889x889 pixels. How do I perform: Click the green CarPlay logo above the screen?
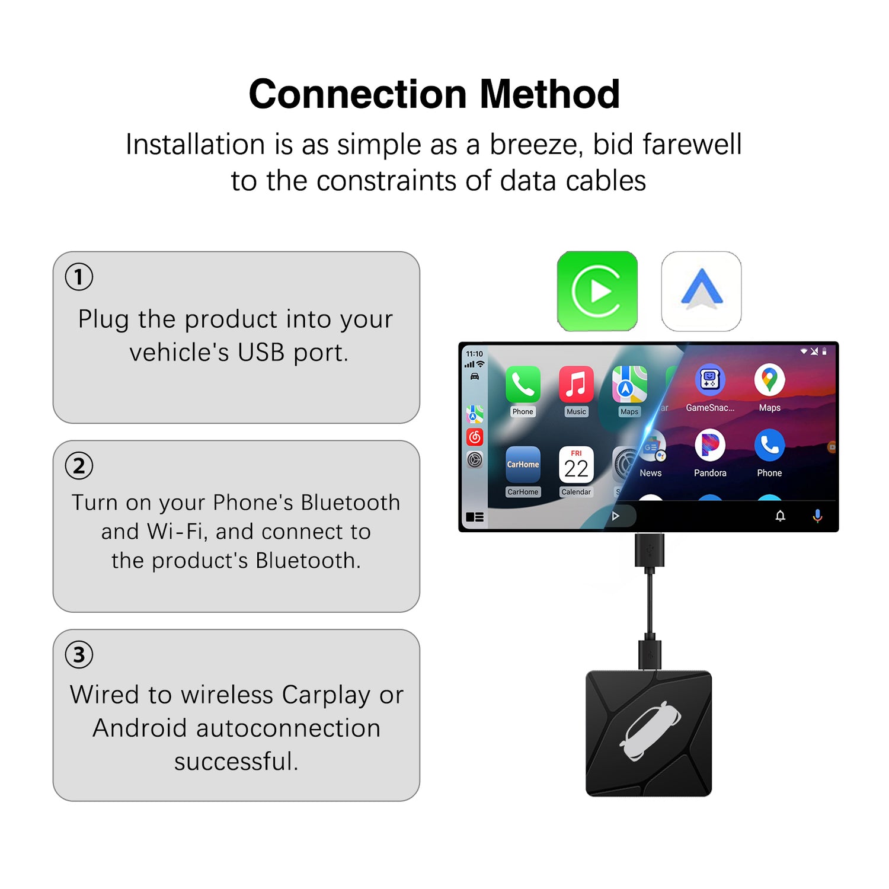(x=597, y=291)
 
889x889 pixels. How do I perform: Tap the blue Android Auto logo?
(x=701, y=291)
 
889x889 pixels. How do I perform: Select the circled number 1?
(x=79, y=277)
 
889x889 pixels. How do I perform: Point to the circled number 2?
(x=79, y=466)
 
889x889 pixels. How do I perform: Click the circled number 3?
(x=79, y=655)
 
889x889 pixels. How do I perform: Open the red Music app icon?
(x=576, y=383)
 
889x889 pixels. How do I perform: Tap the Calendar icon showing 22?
(x=576, y=464)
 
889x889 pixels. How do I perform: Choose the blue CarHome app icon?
(x=523, y=464)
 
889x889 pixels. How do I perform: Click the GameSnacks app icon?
(x=710, y=379)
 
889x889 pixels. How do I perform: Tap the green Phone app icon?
(x=523, y=383)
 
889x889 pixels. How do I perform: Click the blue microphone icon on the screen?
(x=817, y=516)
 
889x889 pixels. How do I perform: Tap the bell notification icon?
(x=781, y=516)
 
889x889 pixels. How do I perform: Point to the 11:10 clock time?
(x=474, y=354)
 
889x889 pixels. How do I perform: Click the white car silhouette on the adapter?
(x=650, y=731)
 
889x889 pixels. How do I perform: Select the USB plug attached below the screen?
(x=650, y=551)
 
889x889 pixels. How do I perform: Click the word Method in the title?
(x=549, y=94)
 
